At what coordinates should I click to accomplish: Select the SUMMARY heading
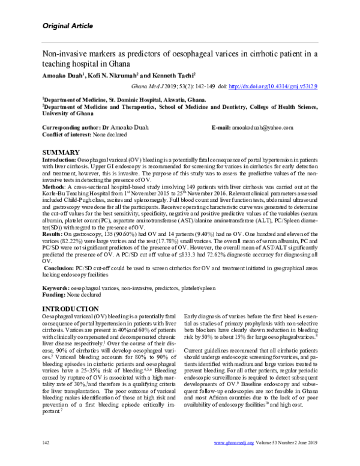63,153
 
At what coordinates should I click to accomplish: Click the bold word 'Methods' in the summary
53,187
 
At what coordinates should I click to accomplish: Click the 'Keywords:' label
58,289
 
